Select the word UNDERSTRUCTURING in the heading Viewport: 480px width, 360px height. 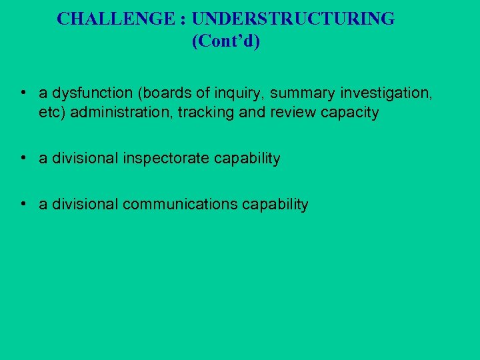(281, 19)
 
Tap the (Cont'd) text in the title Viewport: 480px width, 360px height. (226, 41)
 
